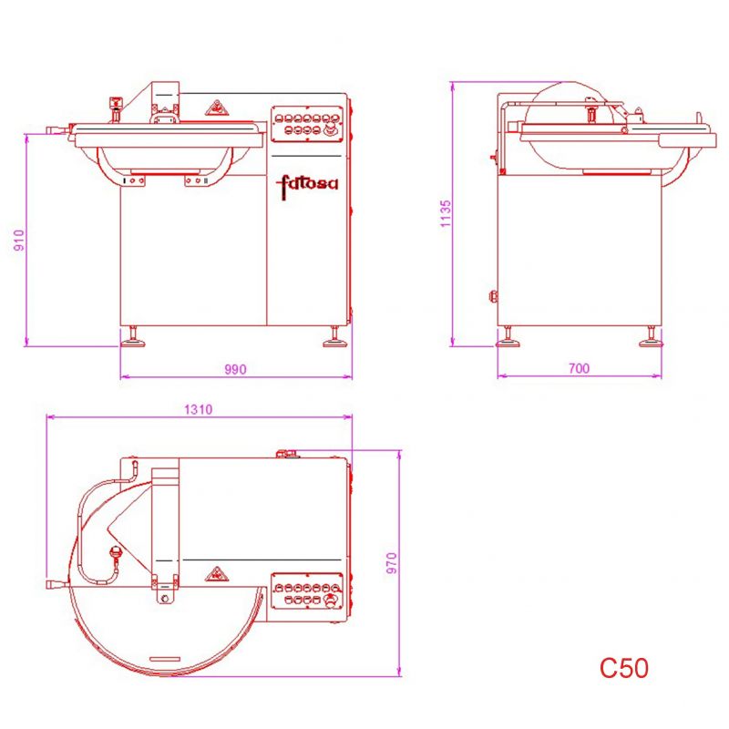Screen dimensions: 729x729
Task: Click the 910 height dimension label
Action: click(x=19, y=240)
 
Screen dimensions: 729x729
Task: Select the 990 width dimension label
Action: click(x=235, y=369)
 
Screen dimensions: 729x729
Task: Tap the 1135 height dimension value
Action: click(x=446, y=213)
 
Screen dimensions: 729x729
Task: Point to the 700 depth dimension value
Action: click(x=579, y=368)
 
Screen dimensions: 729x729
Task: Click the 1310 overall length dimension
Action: click(x=198, y=409)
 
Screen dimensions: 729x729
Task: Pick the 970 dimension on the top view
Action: click(x=392, y=563)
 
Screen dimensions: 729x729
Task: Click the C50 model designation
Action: click(x=623, y=668)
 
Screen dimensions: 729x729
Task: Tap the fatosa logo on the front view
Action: click(x=307, y=185)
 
